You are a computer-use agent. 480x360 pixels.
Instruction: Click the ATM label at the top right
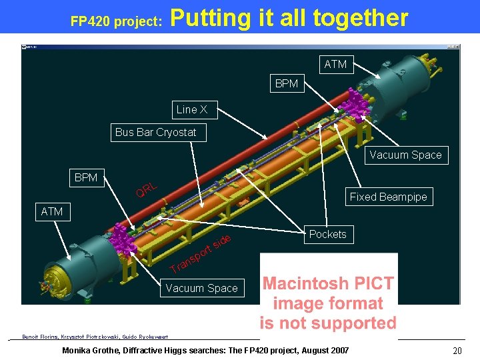pos(335,64)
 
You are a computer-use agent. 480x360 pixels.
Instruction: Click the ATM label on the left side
pos(52,211)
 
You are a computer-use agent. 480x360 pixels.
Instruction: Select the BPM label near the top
pos(287,84)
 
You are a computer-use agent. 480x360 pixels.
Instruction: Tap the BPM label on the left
pos(86,177)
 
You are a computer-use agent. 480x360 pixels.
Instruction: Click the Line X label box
pos(191,109)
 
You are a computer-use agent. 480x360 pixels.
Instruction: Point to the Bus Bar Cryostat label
pos(155,132)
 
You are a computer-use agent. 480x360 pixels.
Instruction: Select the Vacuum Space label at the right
pos(405,155)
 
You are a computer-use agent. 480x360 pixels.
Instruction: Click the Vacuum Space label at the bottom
pos(201,288)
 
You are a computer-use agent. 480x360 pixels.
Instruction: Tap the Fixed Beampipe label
pos(388,197)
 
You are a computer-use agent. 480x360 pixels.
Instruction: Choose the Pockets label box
pos(327,234)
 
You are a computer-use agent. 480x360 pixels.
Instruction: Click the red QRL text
pos(147,190)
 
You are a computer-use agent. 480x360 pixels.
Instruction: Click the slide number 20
pos(457,351)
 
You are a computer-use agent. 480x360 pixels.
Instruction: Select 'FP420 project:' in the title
pos(117,21)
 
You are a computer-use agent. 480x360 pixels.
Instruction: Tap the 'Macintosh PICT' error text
pos(328,283)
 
